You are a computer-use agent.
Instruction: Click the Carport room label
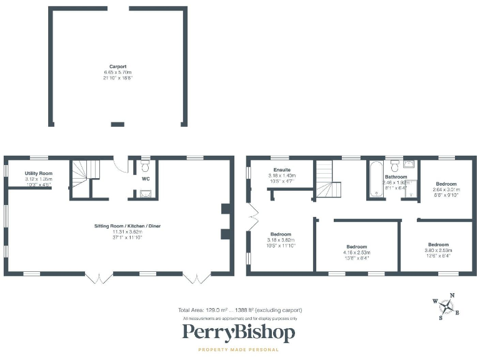coord(117,66)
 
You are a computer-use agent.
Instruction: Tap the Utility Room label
coord(39,173)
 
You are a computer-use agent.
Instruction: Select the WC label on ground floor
coord(146,179)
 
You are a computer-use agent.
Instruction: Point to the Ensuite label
coord(282,170)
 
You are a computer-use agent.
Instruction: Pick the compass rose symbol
coord(447,306)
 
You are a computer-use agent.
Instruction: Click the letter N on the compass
coord(452,295)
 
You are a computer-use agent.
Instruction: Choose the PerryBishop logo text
coord(238,333)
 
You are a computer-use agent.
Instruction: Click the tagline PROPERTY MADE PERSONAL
coord(238,350)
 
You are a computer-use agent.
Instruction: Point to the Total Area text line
coord(240,311)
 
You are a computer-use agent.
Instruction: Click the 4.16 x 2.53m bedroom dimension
coord(357,252)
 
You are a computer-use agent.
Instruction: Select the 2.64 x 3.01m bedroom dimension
coord(446,189)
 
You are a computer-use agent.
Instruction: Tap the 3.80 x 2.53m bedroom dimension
coord(438,250)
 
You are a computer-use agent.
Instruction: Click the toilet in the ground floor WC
coord(145,166)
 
